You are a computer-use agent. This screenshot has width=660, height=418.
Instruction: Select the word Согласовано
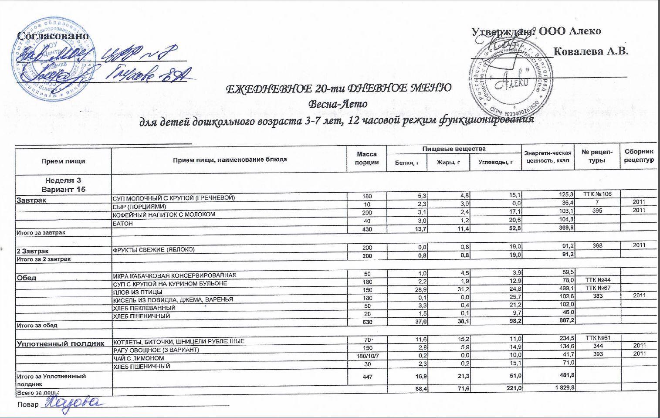[x=53, y=36]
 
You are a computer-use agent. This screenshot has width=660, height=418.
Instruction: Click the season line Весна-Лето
[x=338, y=104]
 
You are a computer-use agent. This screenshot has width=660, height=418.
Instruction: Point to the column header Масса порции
[x=367, y=158]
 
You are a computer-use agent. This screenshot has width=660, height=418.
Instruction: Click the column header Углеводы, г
[x=495, y=163]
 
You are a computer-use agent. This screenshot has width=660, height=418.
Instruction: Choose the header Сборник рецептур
[x=639, y=156]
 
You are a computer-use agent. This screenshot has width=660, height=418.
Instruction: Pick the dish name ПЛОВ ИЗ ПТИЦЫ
[x=138, y=292]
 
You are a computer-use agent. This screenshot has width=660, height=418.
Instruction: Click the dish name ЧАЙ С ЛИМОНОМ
[x=139, y=358]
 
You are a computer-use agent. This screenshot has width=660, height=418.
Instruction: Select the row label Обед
[x=27, y=278]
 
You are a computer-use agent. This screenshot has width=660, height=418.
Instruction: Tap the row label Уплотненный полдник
[x=61, y=343]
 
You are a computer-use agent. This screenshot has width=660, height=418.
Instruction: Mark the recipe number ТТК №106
[x=597, y=194]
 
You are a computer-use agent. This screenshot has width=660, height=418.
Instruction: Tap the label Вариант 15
[x=64, y=189]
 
